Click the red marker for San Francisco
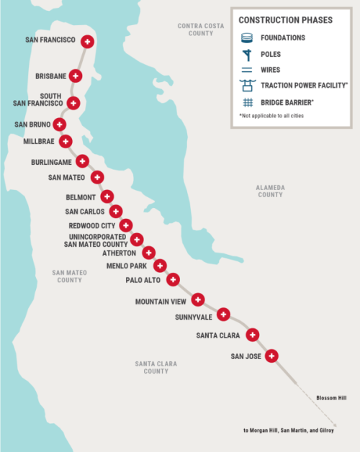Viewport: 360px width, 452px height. pos(88,42)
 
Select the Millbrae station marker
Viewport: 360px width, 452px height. pos(66,141)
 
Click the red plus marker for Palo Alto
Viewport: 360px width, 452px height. pos(173,279)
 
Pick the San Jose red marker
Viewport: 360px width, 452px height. pos(271,356)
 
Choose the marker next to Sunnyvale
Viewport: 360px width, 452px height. pos(223,315)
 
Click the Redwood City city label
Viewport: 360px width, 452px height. pos(91,225)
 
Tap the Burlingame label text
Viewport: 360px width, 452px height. pos(50,162)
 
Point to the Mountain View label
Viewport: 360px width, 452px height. pos(162,301)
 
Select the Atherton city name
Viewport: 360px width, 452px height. pos(119,253)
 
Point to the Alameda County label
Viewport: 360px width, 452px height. pos(270,191)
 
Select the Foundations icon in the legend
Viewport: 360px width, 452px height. pos(247,37)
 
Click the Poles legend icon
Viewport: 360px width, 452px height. pos(247,54)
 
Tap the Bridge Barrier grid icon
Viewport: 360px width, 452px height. pos(247,102)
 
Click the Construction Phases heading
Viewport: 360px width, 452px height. pos(286,20)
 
